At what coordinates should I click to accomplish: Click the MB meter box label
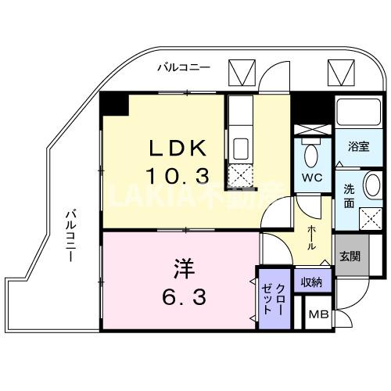317,315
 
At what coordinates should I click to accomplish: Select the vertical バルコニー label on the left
70,235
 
